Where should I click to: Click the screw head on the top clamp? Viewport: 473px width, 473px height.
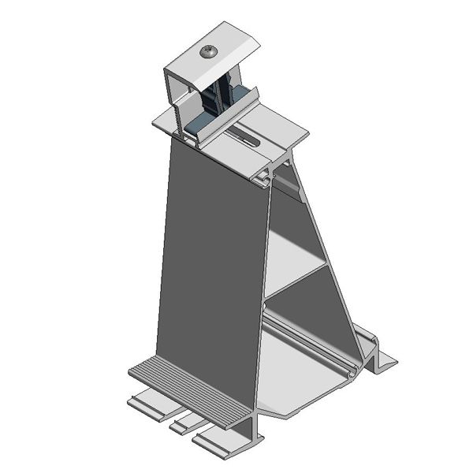[208, 52]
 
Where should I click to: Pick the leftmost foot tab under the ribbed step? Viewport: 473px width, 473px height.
[150, 402]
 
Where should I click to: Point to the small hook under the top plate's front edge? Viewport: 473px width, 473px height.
[261, 181]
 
